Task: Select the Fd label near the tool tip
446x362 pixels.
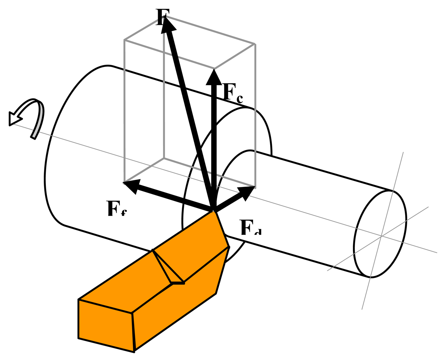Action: click(x=250, y=228)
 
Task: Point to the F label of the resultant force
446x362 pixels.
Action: click(x=162, y=16)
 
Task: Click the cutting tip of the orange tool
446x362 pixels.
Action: click(x=213, y=211)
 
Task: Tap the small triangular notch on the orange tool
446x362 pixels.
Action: click(x=171, y=271)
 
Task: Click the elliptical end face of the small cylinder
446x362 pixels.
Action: click(x=380, y=234)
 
